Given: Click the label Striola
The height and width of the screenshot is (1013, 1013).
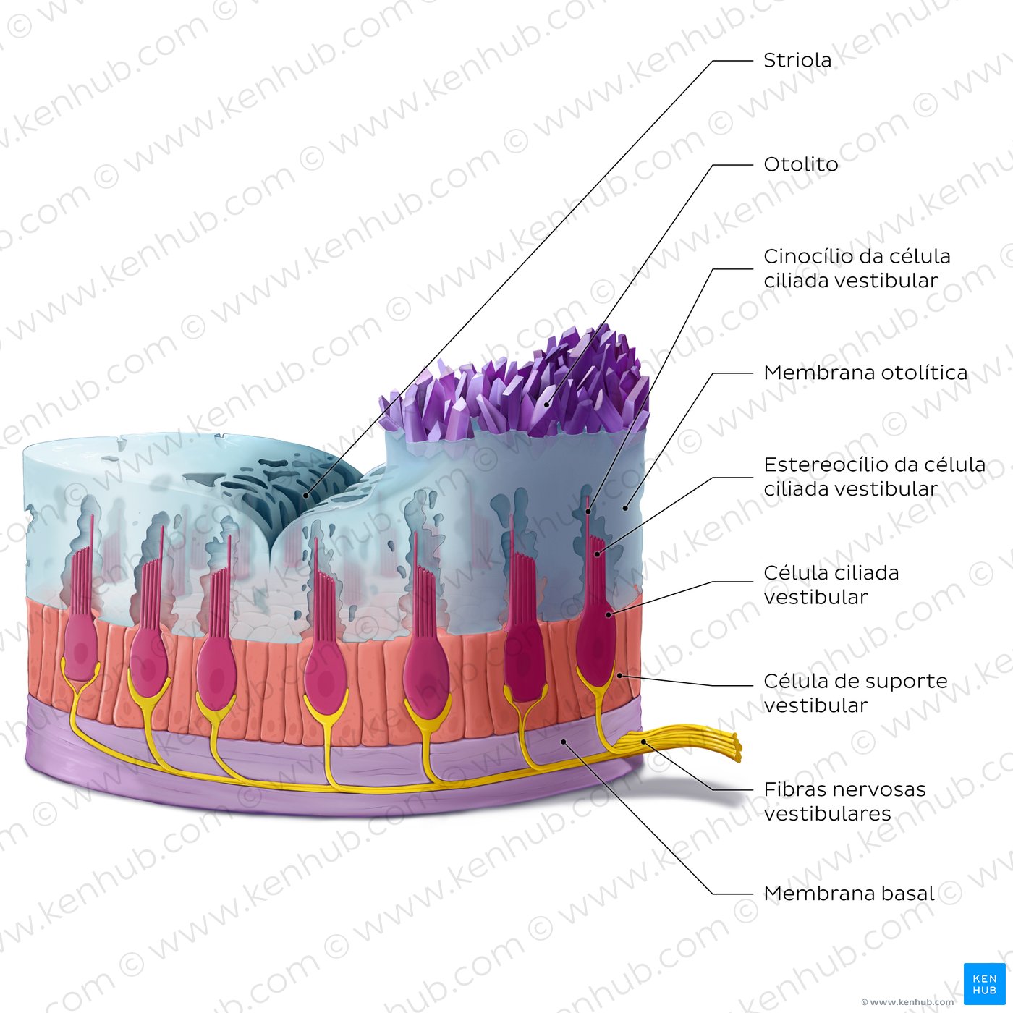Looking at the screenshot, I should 797,60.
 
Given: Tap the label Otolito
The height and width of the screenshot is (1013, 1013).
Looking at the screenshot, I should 800,164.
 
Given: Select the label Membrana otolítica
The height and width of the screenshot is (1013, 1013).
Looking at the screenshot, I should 865,373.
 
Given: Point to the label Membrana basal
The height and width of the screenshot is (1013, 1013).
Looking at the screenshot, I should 849,894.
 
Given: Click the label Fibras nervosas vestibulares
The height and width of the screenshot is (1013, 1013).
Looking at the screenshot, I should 844,801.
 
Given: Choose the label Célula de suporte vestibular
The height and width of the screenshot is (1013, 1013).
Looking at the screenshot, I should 855,692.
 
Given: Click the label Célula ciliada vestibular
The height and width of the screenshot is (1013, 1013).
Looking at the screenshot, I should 831,585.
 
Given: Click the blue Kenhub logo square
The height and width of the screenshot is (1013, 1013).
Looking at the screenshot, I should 984,983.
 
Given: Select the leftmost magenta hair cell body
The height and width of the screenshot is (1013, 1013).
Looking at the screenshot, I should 80,644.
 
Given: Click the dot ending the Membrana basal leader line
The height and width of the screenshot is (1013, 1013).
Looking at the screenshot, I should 564,742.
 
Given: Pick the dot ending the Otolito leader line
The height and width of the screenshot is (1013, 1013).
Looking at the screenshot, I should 548,406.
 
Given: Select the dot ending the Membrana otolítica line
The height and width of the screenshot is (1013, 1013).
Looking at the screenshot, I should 625,508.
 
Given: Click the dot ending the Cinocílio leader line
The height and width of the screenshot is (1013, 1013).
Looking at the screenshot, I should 588,512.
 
